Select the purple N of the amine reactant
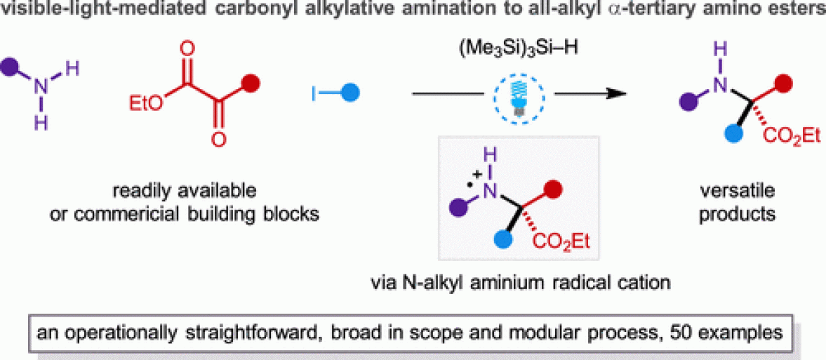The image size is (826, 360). (42, 87)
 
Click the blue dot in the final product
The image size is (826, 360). (704, 133)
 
